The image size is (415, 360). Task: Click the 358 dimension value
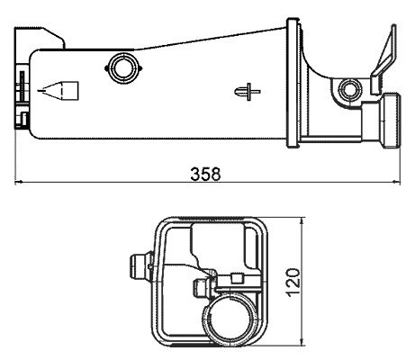coord(205,174)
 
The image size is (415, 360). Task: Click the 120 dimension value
coord(293,283)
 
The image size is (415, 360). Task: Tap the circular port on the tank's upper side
coord(123,68)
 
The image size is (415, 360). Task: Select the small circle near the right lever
coord(350,89)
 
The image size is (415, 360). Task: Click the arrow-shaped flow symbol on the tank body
coord(58,90)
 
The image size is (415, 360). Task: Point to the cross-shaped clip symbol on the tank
coord(248,92)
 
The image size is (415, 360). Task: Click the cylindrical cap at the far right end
coord(391,120)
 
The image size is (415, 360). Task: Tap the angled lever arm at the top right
coord(384,60)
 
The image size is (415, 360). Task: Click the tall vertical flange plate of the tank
coord(293,83)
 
